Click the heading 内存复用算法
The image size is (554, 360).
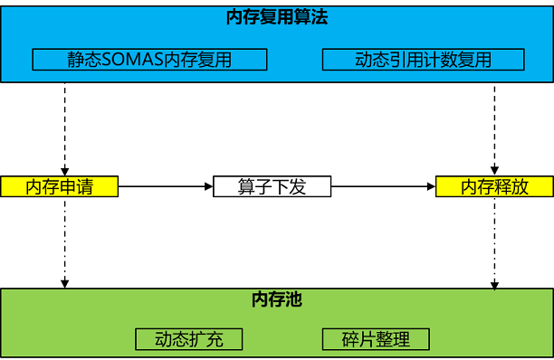[x=277, y=17]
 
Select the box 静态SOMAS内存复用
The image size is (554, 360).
[x=149, y=61]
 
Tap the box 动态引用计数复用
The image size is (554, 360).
[x=423, y=61]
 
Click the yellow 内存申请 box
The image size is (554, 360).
[x=60, y=187]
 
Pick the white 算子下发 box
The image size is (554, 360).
[x=272, y=187]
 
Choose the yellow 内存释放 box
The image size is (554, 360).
[x=494, y=187]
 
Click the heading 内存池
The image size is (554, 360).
[x=277, y=299]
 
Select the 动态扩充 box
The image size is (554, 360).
[x=188, y=340]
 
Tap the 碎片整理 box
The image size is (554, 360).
[x=376, y=340]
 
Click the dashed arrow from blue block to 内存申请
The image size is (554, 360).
[x=65, y=127]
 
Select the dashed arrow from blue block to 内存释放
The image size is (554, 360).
[x=494, y=127]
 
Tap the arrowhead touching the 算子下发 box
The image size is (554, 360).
[x=207, y=187]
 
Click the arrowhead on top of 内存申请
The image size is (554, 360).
[x=65, y=171]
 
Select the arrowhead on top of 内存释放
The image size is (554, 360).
[x=494, y=171]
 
